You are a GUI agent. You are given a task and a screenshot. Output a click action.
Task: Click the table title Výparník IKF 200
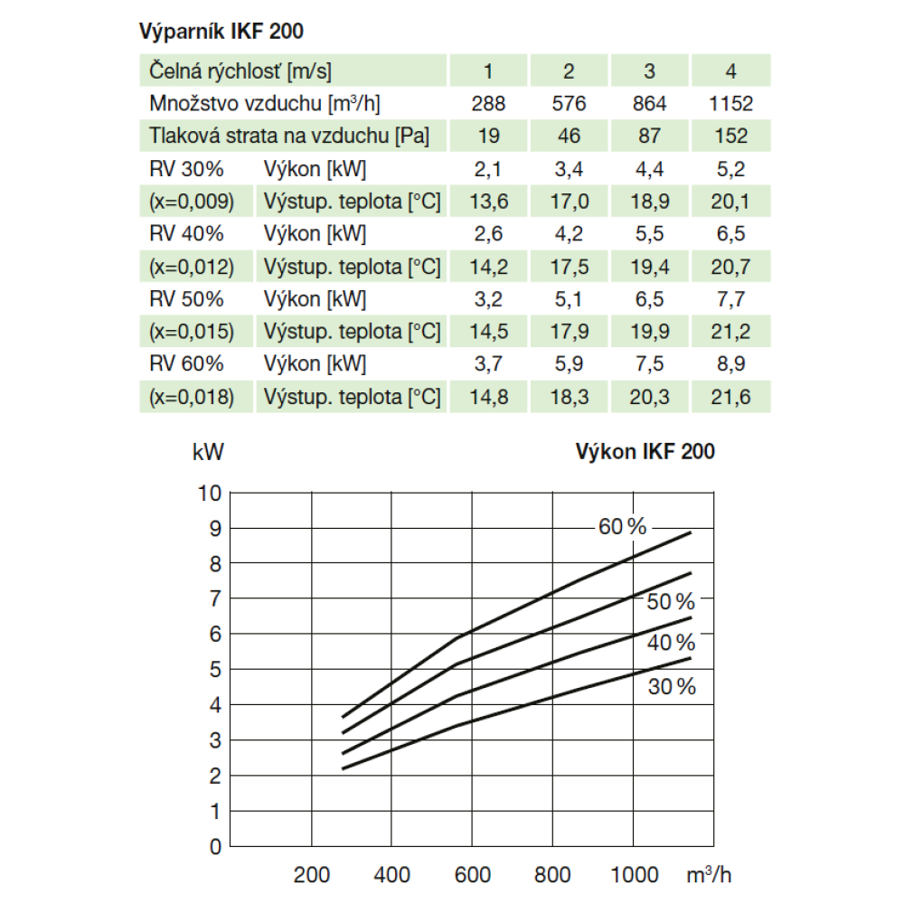pyautogui.click(x=221, y=32)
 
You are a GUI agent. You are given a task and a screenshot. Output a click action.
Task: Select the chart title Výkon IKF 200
pyautogui.click(x=645, y=452)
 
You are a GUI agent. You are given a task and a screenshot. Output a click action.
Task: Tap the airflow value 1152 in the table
pyautogui.click(x=731, y=103)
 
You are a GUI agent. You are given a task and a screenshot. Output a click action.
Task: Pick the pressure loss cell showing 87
pyautogui.click(x=650, y=136)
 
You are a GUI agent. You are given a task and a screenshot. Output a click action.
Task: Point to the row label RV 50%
pyautogui.click(x=187, y=298)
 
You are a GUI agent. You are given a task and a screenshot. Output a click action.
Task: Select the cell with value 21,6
pyautogui.click(x=731, y=397)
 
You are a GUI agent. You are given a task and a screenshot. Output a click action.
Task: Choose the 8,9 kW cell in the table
pyautogui.click(x=731, y=364)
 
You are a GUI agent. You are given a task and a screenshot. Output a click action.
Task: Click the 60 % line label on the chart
pyautogui.click(x=623, y=527)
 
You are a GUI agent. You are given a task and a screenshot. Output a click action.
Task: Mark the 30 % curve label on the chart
pyautogui.click(x=672, y=687)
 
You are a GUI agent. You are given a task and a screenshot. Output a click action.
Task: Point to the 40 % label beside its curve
pyautogui.click(x=671, y=644)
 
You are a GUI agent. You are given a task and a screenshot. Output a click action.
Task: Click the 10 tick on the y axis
pyautogui.click(x=209, y=494)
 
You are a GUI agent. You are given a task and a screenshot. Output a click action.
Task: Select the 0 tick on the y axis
pyautogui.click(x=214, y=847)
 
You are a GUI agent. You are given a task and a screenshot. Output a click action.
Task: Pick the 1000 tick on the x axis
pyautogui.click(x=635, y=874)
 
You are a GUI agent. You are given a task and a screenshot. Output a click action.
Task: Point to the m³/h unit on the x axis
pyautogui.click(x=708, y=874)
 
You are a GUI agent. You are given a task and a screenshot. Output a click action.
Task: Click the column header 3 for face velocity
pyautogui.click(x=650, y=71)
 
